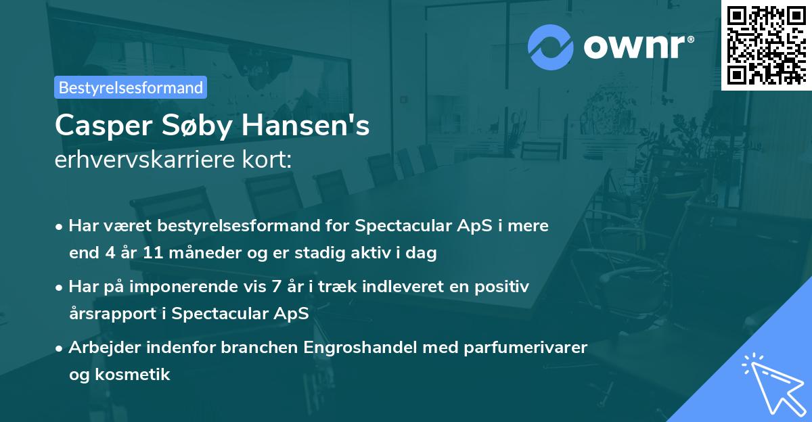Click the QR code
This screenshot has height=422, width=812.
[x=766, y=45]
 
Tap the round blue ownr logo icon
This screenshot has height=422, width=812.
[x=551, y=47]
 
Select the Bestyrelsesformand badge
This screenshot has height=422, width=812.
[x=131, y=87]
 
